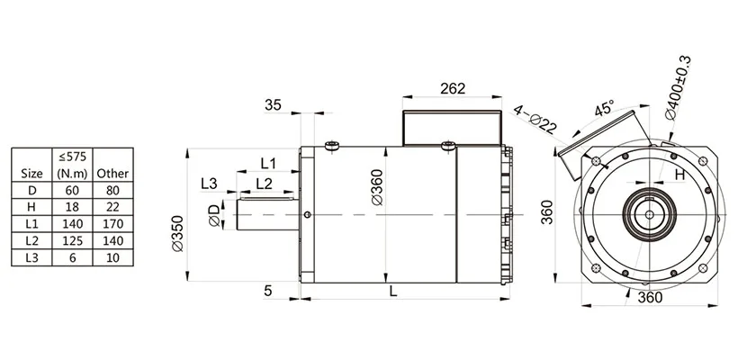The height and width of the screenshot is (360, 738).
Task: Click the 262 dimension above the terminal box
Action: pos(453,88)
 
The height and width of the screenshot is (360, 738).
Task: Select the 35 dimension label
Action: pos(273,104)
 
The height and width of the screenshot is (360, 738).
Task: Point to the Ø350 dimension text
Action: pos(177,233)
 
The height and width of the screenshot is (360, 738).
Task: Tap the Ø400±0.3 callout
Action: pos(678,88)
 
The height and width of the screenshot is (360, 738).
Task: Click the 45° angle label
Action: pos(604,108)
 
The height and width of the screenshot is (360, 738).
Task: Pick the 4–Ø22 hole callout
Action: pos(535,119)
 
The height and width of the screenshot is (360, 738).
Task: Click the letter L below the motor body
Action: pos(393,292)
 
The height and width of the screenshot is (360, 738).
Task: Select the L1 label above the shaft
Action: pos(268,163)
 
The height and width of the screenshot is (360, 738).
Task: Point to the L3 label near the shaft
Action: pos(209,184)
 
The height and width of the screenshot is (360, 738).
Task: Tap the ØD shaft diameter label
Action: pos(214,215)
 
